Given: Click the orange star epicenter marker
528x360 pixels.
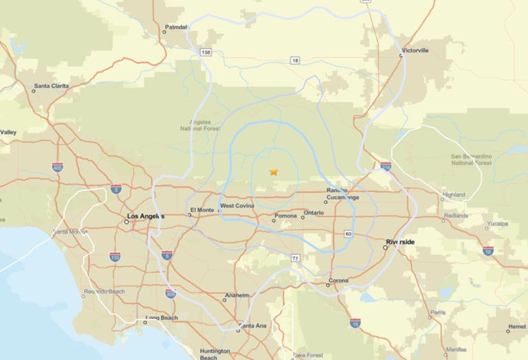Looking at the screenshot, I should tap(274, 172).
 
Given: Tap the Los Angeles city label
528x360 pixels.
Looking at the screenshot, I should tap(146, 216).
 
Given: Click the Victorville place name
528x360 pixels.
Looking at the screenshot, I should tap(415, 50).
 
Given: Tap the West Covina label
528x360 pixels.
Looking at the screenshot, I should tap(237, 206).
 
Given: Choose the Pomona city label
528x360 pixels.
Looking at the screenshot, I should tap(285, 216).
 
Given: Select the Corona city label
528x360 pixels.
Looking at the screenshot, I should tap(338, 280).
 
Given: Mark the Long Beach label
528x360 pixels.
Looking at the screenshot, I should tap(162, 318).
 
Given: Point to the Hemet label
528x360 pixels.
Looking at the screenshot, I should tap(516, 326).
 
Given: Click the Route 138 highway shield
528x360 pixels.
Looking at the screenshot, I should tap(206, 52).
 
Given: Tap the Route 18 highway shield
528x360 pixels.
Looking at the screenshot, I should tap(295, 60).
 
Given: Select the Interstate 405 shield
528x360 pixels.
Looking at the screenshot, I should tap(57, 167).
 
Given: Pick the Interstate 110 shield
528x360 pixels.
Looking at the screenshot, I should tap(115, 256).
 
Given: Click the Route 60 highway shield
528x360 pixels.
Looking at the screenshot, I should tap(349, 234).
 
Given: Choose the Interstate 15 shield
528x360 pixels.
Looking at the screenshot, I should tap(355, 322).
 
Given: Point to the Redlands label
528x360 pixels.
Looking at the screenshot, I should tap(456, 215).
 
